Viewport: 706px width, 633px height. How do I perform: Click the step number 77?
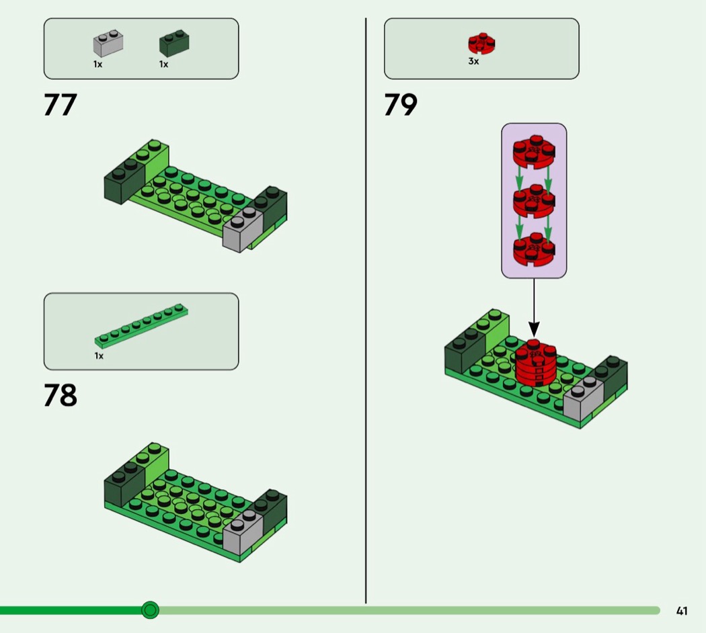pyautogui.click(x=61, y=105)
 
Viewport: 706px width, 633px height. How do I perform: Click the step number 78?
pyautogui.click(x=61, y=395)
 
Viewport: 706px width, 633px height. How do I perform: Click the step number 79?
pyautogui.click(x=401, y=105)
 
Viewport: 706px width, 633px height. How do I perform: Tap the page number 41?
pyautogui.click(x=682, y=611)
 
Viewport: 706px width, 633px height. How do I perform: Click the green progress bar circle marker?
pyautogui.click(x=150, y=610)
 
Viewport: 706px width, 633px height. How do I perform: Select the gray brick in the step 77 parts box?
pyautogui.click(x=108, y=43)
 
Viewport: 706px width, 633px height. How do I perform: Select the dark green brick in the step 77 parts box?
pyautogui.click(x=174, y=43)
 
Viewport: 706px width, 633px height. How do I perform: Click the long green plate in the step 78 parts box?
pyautogui.click(x=141, y=326)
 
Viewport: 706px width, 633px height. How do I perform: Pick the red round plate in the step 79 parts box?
pyautogui.click(x=481, y=44)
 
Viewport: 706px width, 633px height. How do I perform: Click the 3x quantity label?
pyautogui.click(x=473, y=61)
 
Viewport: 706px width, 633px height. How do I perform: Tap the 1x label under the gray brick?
pyautogui.click(x=97, y=65)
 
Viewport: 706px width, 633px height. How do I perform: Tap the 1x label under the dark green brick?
pyautogui.click(x=163, y=65)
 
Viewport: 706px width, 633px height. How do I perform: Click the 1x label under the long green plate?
pyautogui.click(x=99, y=356)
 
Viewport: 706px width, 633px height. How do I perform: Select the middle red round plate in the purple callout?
pyautogui.click(x=534, y=201)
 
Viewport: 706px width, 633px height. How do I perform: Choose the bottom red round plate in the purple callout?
pyautogui.click(x=534, y=249)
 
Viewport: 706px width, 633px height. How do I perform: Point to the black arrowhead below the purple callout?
pyautogui.click(x=534, y=329)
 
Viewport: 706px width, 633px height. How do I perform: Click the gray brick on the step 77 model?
pyautogui.click(x=243, y=229)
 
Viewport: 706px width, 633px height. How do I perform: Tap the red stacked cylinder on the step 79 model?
pyautogui.click(x=535, y=364)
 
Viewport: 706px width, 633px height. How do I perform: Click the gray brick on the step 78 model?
pyautogui.click(x=243, y=533)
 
